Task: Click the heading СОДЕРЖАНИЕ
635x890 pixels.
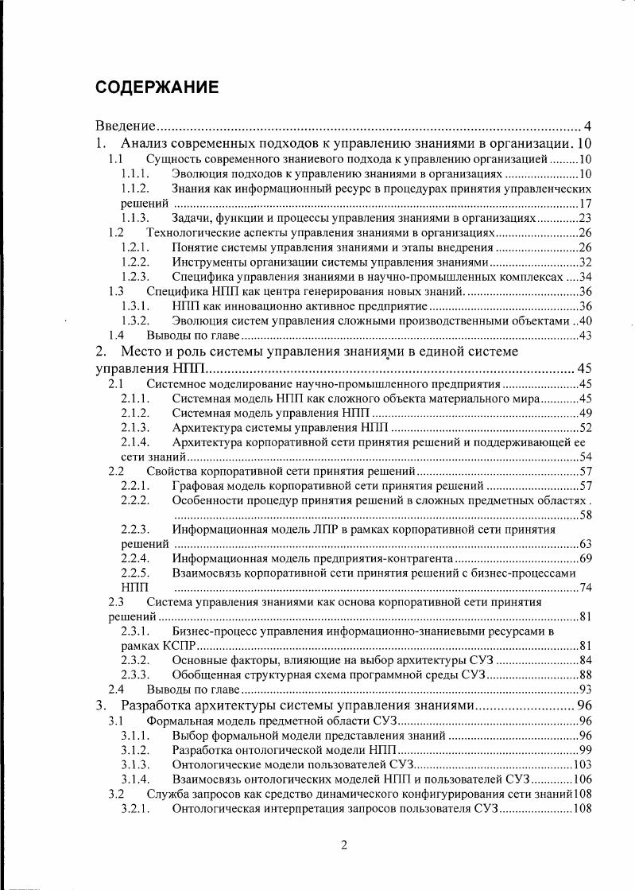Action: click(x=157, y=87)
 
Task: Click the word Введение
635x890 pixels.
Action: click(x=125, y=126)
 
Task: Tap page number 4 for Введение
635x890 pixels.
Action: click(x=587, y=126)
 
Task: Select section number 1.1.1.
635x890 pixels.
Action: click(x=135, y=173)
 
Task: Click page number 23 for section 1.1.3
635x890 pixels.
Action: click(x=585, y=218)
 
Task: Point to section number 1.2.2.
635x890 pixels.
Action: click(x=135, y=262)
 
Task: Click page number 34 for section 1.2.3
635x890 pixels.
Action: click(x=585, y=277)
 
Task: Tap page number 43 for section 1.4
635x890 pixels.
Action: click(x=585, y=336)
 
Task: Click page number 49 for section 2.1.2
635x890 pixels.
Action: click(x=585, y=413)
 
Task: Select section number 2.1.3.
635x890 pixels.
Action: click(x=135, y=428)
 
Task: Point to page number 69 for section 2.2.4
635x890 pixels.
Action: click(x=585, y=559)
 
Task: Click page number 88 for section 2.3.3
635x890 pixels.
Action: click(x=585, y=674)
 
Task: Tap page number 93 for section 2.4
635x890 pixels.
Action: click(x=585, y=689)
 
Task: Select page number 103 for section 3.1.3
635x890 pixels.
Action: click(x=583, y=764)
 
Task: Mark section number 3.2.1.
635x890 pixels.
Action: click(x=135, y=808)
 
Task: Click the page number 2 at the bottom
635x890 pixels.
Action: click(x=343, y=845)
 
